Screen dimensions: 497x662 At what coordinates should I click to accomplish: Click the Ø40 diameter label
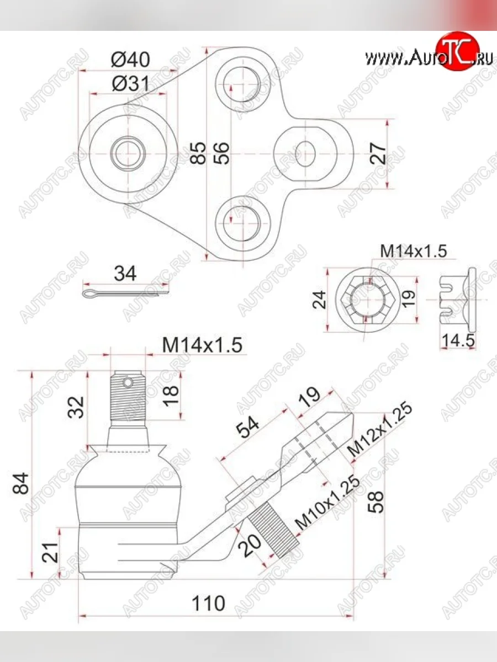(130, 59)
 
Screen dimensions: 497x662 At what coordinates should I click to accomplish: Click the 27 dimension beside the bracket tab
(378, 153)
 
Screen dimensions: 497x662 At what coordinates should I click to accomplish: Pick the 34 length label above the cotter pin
(125, 274)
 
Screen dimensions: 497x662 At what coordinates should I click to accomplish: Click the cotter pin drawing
(125, 292)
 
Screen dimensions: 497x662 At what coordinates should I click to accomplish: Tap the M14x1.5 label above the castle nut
(413, 251)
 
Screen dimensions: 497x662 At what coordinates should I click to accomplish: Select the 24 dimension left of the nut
(320, 299)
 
